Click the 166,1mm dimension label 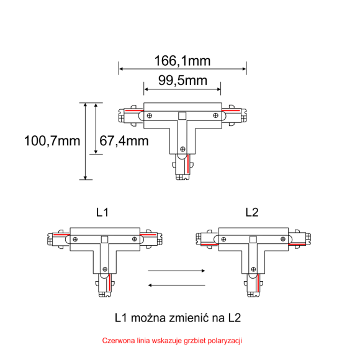pos(182,60)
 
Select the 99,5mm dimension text pos(182,81)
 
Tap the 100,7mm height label pos(52,141)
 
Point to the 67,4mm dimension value pos(124,141)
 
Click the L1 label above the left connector pos(102,213)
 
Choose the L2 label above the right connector pos(251,213)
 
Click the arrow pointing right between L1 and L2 pos(176,271)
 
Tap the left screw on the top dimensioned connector pos(149,115)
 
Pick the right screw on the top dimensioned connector pos(215,115)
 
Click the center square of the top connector pos(182,115)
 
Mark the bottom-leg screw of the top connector pos(182,148)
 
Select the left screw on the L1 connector pos(75,239)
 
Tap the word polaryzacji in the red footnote pos(225,341)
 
